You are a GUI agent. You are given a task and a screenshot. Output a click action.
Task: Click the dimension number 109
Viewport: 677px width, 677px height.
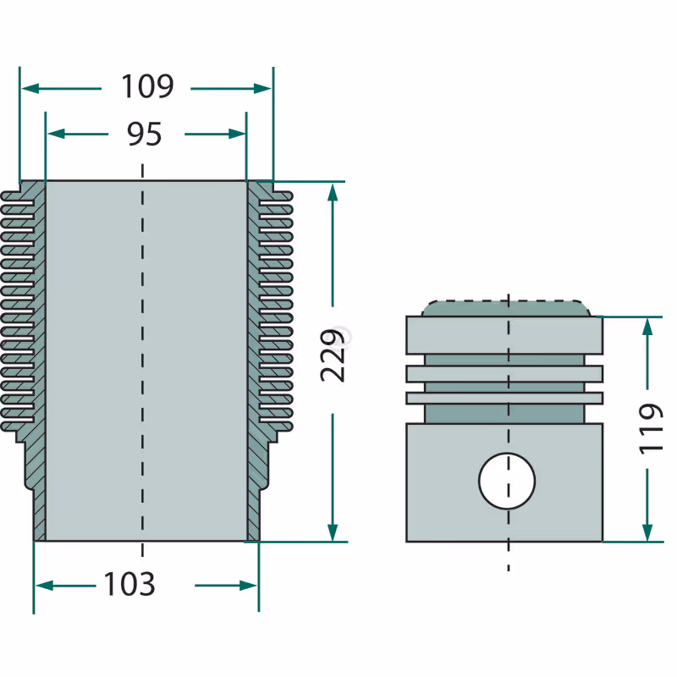[x=147, y=86]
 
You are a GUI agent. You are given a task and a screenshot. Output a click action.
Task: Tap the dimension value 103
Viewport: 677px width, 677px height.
[x=129, y=584]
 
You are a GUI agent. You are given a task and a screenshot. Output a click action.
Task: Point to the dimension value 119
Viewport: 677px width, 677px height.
[x=650, y=428]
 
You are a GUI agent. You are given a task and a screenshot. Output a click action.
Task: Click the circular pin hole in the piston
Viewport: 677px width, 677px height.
[x=507, y=481]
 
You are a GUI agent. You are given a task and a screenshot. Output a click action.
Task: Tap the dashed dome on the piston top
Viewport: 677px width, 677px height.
[x=506, y=307]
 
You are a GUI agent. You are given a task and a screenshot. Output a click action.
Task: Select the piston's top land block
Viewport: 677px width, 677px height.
[x=504, y=335]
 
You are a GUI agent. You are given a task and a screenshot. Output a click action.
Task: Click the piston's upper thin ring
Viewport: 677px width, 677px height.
[x=504, y=373]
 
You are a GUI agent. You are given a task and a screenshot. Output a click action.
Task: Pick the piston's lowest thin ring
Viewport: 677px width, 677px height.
[x=504, y=397]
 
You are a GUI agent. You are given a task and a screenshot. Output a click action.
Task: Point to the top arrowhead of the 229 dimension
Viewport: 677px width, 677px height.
[x=333, y=190]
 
